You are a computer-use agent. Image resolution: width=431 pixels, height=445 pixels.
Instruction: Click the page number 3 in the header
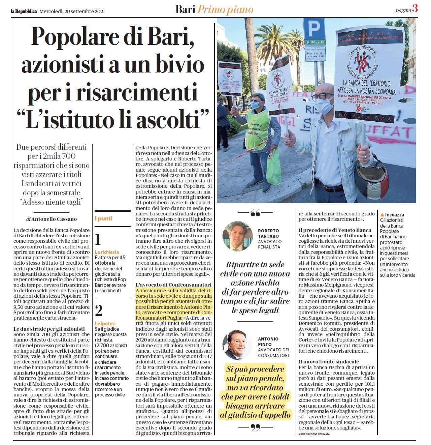pyautogui.click(x=415, y=9)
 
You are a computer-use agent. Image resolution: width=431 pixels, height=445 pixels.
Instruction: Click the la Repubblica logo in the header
pyautogui.click(x=24, y=11)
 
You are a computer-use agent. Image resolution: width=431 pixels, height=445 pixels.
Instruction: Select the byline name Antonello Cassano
pyautogui.click(x=54, y=219)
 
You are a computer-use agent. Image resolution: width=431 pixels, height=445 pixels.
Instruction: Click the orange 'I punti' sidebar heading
pyautogui.click(x=104, y=218)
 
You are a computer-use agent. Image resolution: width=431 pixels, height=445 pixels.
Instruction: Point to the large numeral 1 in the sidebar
pyautogui.click(x=98, y=239)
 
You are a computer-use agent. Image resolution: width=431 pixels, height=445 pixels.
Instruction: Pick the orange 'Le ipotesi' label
pyautogui.click(x=105, y=323)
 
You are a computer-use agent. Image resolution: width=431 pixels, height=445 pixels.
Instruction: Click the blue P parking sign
pyautogui.click(x=314, y=29)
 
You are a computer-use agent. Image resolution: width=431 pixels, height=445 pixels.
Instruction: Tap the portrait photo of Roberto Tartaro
pyautogui.click(x=237, y=236)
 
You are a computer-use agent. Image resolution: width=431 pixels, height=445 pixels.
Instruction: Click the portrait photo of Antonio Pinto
pyautogui.click(x=237, y=345)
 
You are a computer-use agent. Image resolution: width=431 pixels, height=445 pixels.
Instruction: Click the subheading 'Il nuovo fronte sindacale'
pyautogui.click(x=329, y=361)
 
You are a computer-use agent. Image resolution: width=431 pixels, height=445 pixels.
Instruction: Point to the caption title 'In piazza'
pyautogui.click(x=394, y=215)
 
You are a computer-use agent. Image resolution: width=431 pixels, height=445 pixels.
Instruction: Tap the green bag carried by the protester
pyautogui.click(x=273, y=167)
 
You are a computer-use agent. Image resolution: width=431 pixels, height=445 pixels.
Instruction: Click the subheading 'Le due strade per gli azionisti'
pyautogui.click(x=49, y=329)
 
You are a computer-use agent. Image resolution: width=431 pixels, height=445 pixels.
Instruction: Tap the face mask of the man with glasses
pyautogui.click(x=325, y=106)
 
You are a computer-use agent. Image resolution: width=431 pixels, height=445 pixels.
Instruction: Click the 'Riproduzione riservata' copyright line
pyautogui.click(x=314, y=434)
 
